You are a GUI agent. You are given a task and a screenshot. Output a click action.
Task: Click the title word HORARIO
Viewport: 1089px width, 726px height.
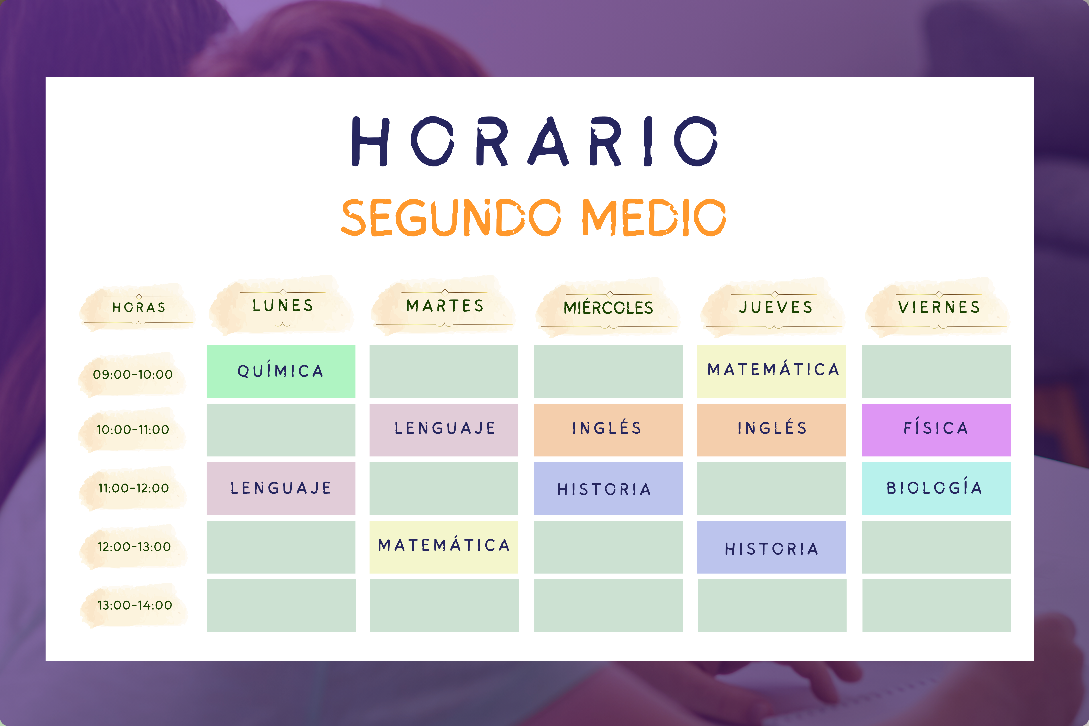tap(535, 141)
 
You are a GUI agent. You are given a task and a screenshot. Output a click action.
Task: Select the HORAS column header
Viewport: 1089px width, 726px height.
tap(138, 307)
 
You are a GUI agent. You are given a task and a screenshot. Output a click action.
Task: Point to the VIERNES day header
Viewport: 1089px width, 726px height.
tap(939, 307)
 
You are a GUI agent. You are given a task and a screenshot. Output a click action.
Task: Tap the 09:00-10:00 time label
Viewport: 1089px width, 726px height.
tap(133, 374)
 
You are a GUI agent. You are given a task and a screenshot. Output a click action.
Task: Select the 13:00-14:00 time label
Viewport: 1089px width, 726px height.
tap(134, 605)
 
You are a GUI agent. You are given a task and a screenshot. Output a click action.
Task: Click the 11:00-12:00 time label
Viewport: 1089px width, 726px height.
tap(133, 488)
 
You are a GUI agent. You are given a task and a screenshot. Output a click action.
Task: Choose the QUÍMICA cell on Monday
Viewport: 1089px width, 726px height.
tap(281, 371)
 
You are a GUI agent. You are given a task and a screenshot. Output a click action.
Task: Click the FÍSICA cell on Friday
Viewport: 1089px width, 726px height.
tap(936, 430)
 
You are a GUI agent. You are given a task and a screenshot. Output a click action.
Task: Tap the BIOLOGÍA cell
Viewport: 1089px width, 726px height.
tap(936, 488)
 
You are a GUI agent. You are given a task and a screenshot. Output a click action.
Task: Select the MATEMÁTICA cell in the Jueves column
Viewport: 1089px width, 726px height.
tap(771, 371)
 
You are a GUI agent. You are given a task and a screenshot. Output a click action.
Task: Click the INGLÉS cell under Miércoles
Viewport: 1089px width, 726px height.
tap(608, 430)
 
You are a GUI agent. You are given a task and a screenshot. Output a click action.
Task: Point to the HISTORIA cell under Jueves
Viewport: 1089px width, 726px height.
tap(771, 547)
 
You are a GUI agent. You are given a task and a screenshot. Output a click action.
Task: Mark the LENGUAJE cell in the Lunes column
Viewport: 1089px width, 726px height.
tap(281, 488)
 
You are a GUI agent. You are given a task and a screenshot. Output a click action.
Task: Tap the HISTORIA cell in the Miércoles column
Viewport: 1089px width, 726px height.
tap(608, 488)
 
